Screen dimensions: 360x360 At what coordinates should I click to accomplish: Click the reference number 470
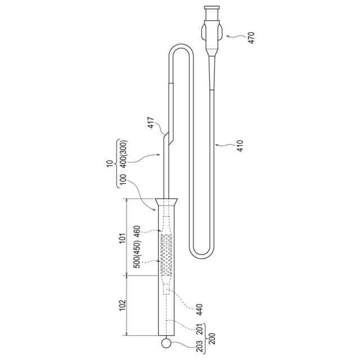coord(251,38)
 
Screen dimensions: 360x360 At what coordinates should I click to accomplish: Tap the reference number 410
coord(240,146)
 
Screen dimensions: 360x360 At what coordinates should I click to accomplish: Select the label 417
coord(151,123)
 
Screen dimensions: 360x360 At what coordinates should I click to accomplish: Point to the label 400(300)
coord(124,154)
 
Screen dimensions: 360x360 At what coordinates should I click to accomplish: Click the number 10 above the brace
coord(110,164)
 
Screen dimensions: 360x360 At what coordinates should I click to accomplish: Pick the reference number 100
coord(123,181)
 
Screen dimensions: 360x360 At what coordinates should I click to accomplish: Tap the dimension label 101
coord(123,238)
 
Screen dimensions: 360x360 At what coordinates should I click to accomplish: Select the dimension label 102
coord(123,305)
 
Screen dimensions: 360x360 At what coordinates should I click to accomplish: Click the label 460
coord(137,232)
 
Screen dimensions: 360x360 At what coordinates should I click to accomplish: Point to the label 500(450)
coord(137,254)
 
